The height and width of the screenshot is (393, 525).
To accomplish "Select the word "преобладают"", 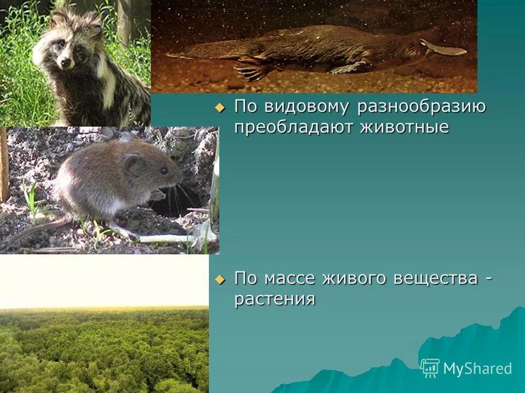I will click(293, 128).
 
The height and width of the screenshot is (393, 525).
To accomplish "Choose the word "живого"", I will click(359, 279).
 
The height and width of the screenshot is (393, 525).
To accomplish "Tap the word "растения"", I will click(275, 300).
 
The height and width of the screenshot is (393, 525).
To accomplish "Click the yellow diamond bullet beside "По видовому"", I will click(220, 108).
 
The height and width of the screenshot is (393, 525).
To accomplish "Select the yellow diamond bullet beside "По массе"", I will click(220, 279).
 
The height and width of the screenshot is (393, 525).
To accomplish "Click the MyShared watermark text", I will click(477, 368).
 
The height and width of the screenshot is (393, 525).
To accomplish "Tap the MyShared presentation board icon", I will click(430, 368).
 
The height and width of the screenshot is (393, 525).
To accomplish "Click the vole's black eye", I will click(164, 170).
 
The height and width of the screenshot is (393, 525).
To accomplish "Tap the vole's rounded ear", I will click(132, 163).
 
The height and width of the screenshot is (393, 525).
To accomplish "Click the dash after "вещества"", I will click(488, 279).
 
